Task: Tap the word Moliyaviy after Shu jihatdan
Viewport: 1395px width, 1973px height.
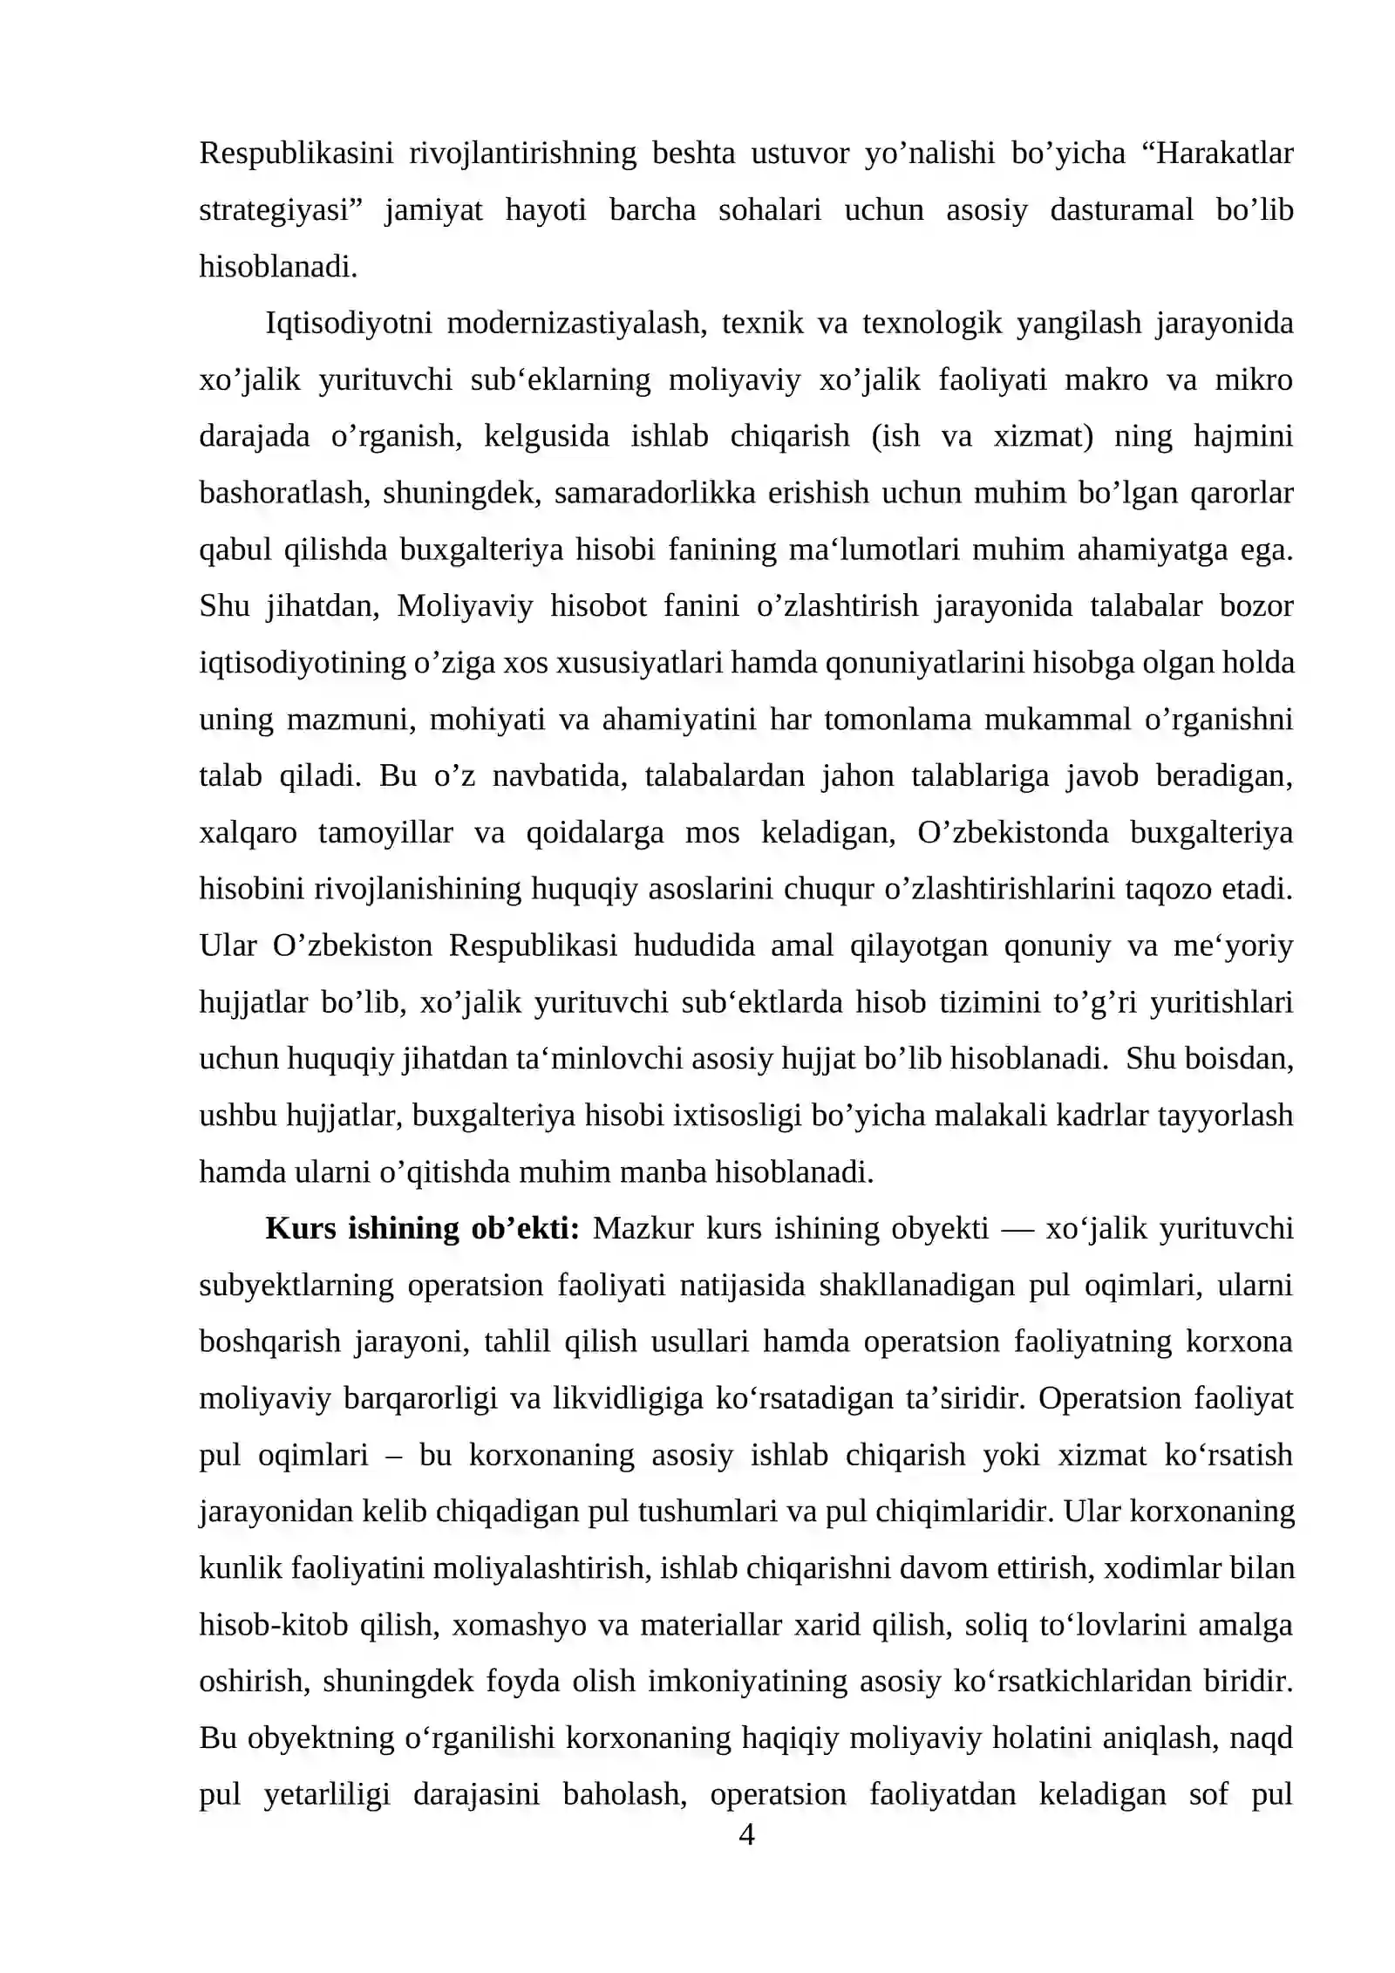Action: [x=466, y=606]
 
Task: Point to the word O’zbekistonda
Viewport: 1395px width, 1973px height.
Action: [x=1012, y=833]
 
